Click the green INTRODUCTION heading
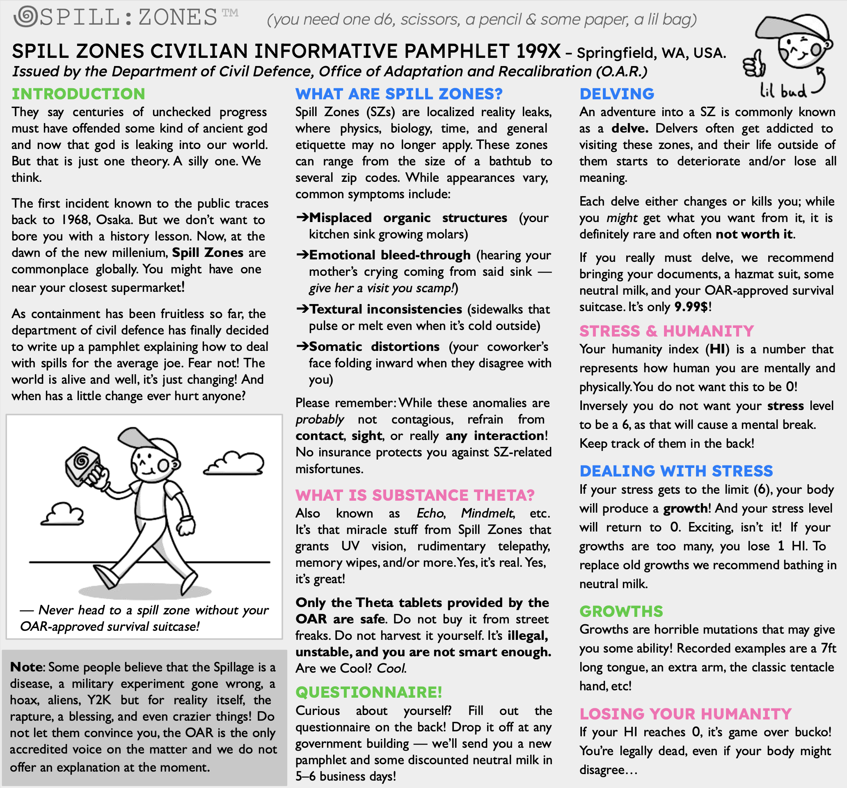(x=78, y=94)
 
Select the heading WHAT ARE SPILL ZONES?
(x=399, y=94)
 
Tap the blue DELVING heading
(x=616, y=94)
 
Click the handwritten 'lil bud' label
(x=783, y=91)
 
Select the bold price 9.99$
(x=692, y=307)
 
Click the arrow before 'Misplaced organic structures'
(x=302, y=218)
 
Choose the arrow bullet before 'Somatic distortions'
(x=302, y=346)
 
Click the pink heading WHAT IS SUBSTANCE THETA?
(x=414, y=495)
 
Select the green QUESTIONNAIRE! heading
(x=369, y=692)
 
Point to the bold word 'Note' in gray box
(x=26, y=667)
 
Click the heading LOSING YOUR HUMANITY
(x=685, y=713)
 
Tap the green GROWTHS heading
(x=621, y=611)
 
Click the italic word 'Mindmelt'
(x=487, y=513)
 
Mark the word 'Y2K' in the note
(x=99, y=700)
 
